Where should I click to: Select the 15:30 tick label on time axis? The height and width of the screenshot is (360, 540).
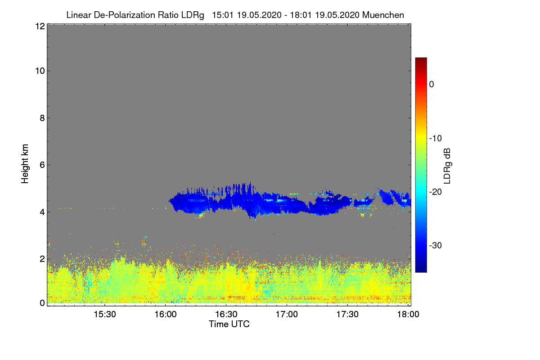pyautogui.click(x=105, y=314)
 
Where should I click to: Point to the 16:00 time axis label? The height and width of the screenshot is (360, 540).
pyautogui.click(x=165, y=314)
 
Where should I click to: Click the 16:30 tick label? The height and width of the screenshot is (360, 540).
pyautogui.click(x=226, y=314)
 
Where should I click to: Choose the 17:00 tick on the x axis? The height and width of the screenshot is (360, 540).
pyautogui.click(x=287, y=314)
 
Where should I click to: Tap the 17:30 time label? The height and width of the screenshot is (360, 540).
pyautogui.click(x=347, y=314)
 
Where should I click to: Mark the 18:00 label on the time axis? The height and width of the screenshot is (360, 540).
pyautogui.click(x=408, y=314)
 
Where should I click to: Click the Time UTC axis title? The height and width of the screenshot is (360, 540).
pyautogui.click(x=229, y=324)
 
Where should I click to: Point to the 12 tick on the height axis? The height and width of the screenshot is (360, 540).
pyautogui.click(x=39, y=27)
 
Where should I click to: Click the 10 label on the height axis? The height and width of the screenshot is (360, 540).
pyautogui.click(x=39, y=71)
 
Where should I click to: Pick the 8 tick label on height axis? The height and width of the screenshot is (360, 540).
pyautogui.click(x=41, y=118)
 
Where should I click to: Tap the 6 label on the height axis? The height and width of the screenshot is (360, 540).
pyautogui.click(x=41, y=165)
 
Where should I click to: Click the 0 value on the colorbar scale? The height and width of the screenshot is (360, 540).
pyautogui.click(x=432, y=85)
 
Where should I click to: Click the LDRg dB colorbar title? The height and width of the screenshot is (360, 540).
pyautogui.click(x=447, y=165)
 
